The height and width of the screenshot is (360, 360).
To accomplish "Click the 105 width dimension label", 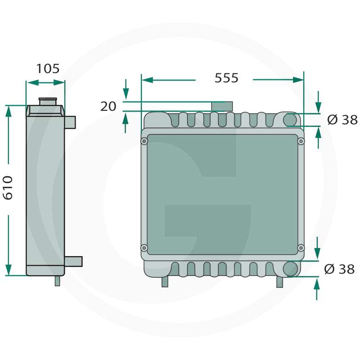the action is [x=48, y=68].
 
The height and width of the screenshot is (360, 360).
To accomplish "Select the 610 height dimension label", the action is [x=8, y=188].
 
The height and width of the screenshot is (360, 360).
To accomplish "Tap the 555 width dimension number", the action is [x=226, y=78].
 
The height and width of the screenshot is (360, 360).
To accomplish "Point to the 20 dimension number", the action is [x=108, y=106].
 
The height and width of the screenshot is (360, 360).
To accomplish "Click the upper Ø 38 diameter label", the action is [x=342, y=120].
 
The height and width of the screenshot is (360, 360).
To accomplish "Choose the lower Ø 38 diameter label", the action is [x=339, y=269].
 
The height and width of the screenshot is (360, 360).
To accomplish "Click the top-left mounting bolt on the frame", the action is [x=144, y=141].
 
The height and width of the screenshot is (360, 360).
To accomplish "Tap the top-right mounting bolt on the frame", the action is [x=301, y=141].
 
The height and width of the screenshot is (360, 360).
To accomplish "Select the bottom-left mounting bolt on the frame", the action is [x=144, y=248].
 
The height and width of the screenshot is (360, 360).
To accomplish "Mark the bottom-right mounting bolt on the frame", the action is [x=301, y=248].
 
